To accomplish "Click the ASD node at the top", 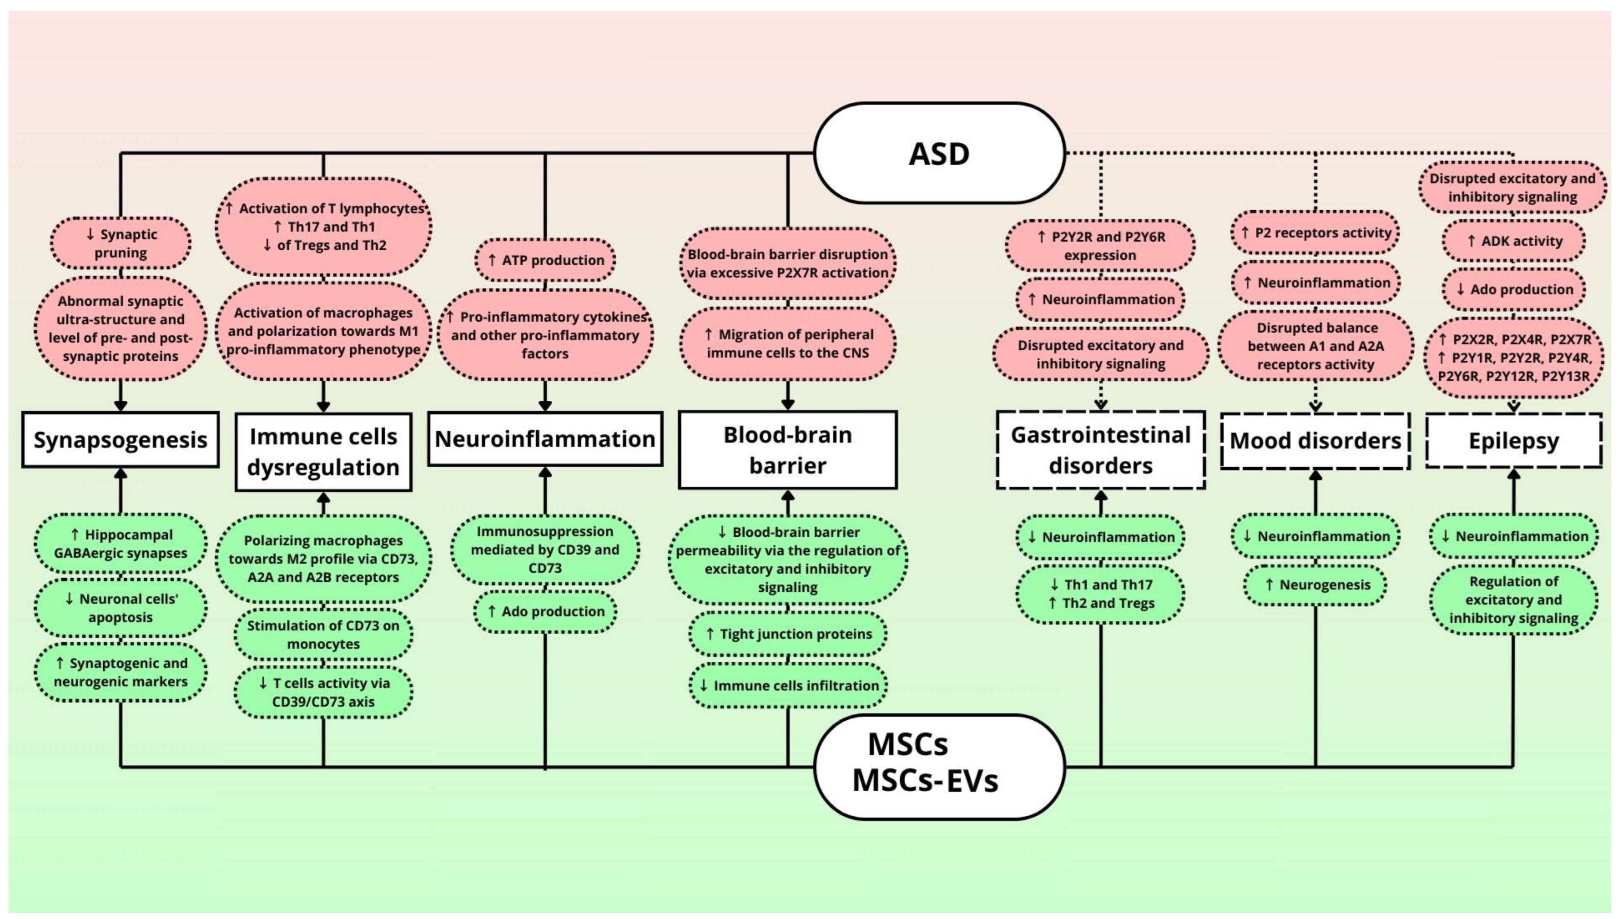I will coord(939,153).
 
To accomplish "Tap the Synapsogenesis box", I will coord(120,440).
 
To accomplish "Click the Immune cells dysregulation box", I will coord(323,452).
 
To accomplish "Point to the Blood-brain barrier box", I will coord(787,450).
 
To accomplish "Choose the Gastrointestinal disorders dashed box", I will coord(1100,450).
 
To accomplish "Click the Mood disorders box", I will coord(1315,441).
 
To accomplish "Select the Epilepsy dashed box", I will coord(1513,441).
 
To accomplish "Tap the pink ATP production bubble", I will coord(545,260).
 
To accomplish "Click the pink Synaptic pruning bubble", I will coord(120,243).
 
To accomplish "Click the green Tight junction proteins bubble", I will coord(787,634).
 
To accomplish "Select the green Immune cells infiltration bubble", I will coord(787,686).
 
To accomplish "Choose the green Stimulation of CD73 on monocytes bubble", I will coord(323,634).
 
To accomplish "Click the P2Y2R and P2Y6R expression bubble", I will coord(1100,246).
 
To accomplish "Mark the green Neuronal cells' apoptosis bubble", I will coord(120,608).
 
